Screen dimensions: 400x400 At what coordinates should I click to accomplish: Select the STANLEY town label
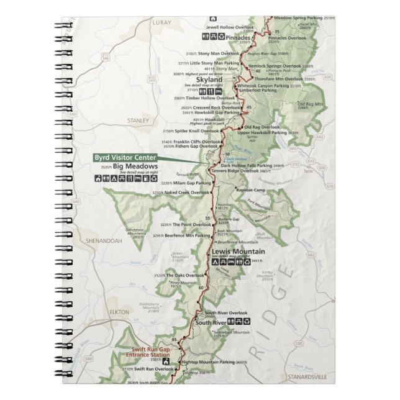pyautogui.click(x=138, y=120)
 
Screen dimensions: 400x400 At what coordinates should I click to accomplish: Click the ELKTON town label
pyautogui.click(x=119, y=312)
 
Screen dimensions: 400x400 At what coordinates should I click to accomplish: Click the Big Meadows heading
pyautogui.click(x=135, y=166)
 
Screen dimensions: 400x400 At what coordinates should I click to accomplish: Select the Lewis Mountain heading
pyautogui.click(x=238, y=251)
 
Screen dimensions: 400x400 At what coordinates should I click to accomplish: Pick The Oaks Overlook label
pyautogui.click(x=187, y=275)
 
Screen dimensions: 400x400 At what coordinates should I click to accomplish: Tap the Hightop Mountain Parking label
pyautogui.click(x=207, y=361)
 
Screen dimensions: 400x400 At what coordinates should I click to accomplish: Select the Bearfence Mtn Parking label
pyautogui.click(x=190, y=235)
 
